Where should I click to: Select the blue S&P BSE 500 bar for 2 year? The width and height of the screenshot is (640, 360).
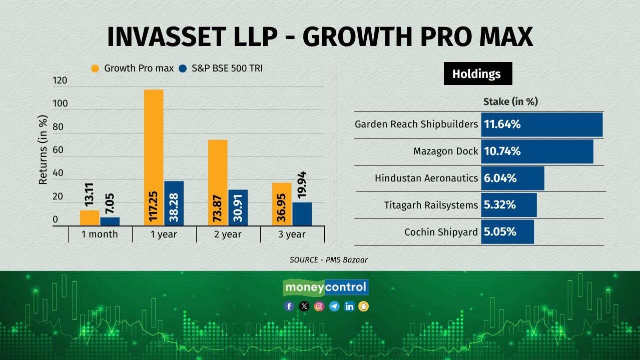click(238, 207)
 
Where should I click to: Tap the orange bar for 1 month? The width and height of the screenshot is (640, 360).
click(90, 218)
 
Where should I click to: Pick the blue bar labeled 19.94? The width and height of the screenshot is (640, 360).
click(302, 214)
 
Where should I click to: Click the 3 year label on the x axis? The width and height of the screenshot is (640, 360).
click(292, 234)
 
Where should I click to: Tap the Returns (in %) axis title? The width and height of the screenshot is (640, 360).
click(43, 150)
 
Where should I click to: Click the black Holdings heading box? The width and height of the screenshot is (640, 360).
click(477, 74)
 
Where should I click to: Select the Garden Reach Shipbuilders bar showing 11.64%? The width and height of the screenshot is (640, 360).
click(542, 124)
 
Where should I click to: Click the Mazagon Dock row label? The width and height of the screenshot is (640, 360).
click(445, 151)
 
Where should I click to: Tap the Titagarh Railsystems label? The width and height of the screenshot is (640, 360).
click(431, 205)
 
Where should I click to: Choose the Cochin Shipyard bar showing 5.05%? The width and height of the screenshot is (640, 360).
click(507, 232)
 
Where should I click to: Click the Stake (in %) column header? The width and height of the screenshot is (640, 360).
click(510, 101)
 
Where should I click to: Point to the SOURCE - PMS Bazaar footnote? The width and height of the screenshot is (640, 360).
click(328, 259)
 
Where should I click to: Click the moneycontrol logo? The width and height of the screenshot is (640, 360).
click(326, 287)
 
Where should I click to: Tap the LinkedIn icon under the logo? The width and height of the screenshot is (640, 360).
click(349, 306)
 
